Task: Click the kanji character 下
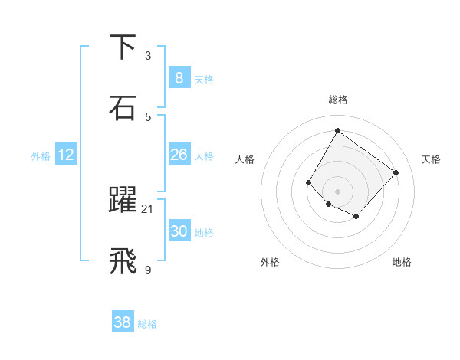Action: (x=123, y=47)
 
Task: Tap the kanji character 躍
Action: (x=123, y=201)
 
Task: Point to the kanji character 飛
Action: (x=123, y=261)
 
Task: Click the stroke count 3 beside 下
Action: (x=148, y=56)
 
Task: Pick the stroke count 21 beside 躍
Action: (x=148, y=209)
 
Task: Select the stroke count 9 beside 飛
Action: (x=148, y=270)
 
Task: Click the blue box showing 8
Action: (x=179, y=77)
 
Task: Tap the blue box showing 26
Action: (x=179, y=155)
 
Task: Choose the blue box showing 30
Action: (x=179, y=231)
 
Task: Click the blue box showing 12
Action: (x=66, y=155)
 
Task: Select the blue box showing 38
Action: (x=123, y=322)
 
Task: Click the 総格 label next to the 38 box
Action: (x=147, y=324)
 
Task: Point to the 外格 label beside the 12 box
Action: (x=41, y=156)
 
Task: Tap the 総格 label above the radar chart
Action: (x=337, y=100)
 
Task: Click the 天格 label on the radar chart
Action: (x=431, y=159)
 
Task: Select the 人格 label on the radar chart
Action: (x=245, y=159)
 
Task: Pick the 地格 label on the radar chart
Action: (x=402, y=262)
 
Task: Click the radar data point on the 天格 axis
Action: (x=396, y=172)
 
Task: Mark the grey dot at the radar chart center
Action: (x=337, y=191)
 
